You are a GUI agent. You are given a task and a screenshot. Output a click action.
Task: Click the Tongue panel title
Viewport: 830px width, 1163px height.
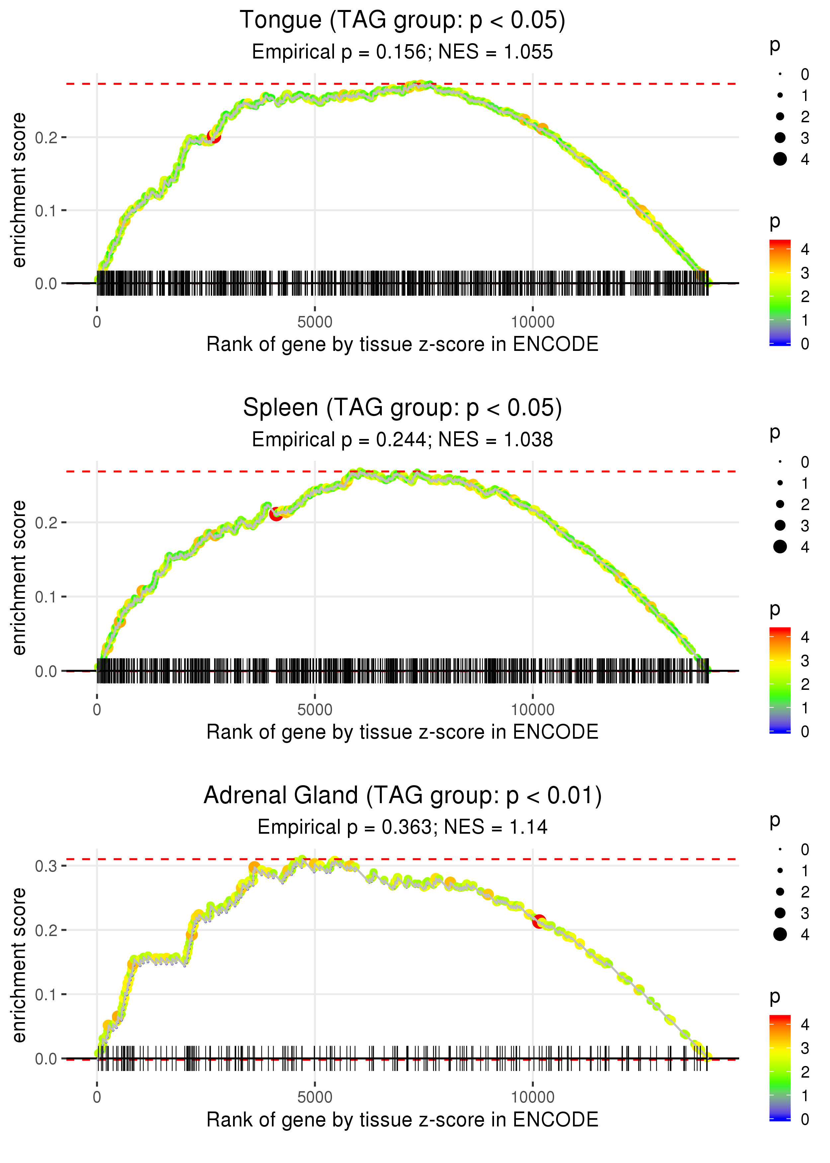[402, 21]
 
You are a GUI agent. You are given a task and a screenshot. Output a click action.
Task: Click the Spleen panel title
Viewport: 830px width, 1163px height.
[402, 408]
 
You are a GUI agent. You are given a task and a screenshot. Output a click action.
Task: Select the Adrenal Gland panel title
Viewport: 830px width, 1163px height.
[402, 795]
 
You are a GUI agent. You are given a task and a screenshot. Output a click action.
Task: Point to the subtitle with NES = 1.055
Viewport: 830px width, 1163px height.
[402, 52]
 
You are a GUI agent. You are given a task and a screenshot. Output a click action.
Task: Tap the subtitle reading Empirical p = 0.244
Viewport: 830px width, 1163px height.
[402, 440]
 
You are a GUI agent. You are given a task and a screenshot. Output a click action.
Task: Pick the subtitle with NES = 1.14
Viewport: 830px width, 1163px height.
[402, 827]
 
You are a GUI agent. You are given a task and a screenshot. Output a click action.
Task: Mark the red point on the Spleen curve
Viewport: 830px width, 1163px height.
[276, 514]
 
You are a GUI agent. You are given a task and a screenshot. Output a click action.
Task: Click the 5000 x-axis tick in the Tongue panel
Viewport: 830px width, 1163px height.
[315, 322]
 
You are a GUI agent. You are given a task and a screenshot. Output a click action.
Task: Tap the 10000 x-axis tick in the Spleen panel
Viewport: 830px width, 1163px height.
[533, 710]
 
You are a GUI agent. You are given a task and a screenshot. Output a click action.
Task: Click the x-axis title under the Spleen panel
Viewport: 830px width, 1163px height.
[402, 732]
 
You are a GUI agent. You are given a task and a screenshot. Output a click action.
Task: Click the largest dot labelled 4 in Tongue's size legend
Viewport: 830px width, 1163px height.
[780, 159]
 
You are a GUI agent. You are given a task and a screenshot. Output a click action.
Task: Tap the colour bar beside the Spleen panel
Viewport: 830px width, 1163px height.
[780, 680]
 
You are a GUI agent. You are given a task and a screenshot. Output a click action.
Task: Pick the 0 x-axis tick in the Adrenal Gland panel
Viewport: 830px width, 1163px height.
[97, 1097]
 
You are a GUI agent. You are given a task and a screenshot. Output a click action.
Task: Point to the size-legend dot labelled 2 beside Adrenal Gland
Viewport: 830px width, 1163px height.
[780, 892]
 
